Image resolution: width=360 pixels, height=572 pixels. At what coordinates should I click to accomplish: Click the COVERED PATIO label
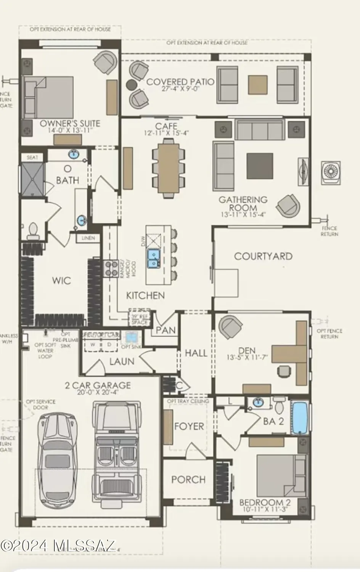[180, 82]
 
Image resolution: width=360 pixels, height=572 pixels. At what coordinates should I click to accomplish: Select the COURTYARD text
[263, 256]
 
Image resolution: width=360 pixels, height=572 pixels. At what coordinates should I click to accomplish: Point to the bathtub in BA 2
[300, 417]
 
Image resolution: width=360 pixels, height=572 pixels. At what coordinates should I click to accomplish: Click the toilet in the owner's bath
[33, 230]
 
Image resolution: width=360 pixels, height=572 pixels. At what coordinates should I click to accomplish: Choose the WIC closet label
[61, 281]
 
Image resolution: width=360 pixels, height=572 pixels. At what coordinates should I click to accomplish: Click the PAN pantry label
[166, 329]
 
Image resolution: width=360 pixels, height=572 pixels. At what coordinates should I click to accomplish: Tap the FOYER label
[189, 426]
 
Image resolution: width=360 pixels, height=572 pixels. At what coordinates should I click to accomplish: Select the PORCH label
[188, 479]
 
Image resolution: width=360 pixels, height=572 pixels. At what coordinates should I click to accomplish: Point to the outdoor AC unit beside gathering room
[331, 172]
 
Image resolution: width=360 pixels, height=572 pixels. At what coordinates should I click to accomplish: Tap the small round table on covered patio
[131, 85]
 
